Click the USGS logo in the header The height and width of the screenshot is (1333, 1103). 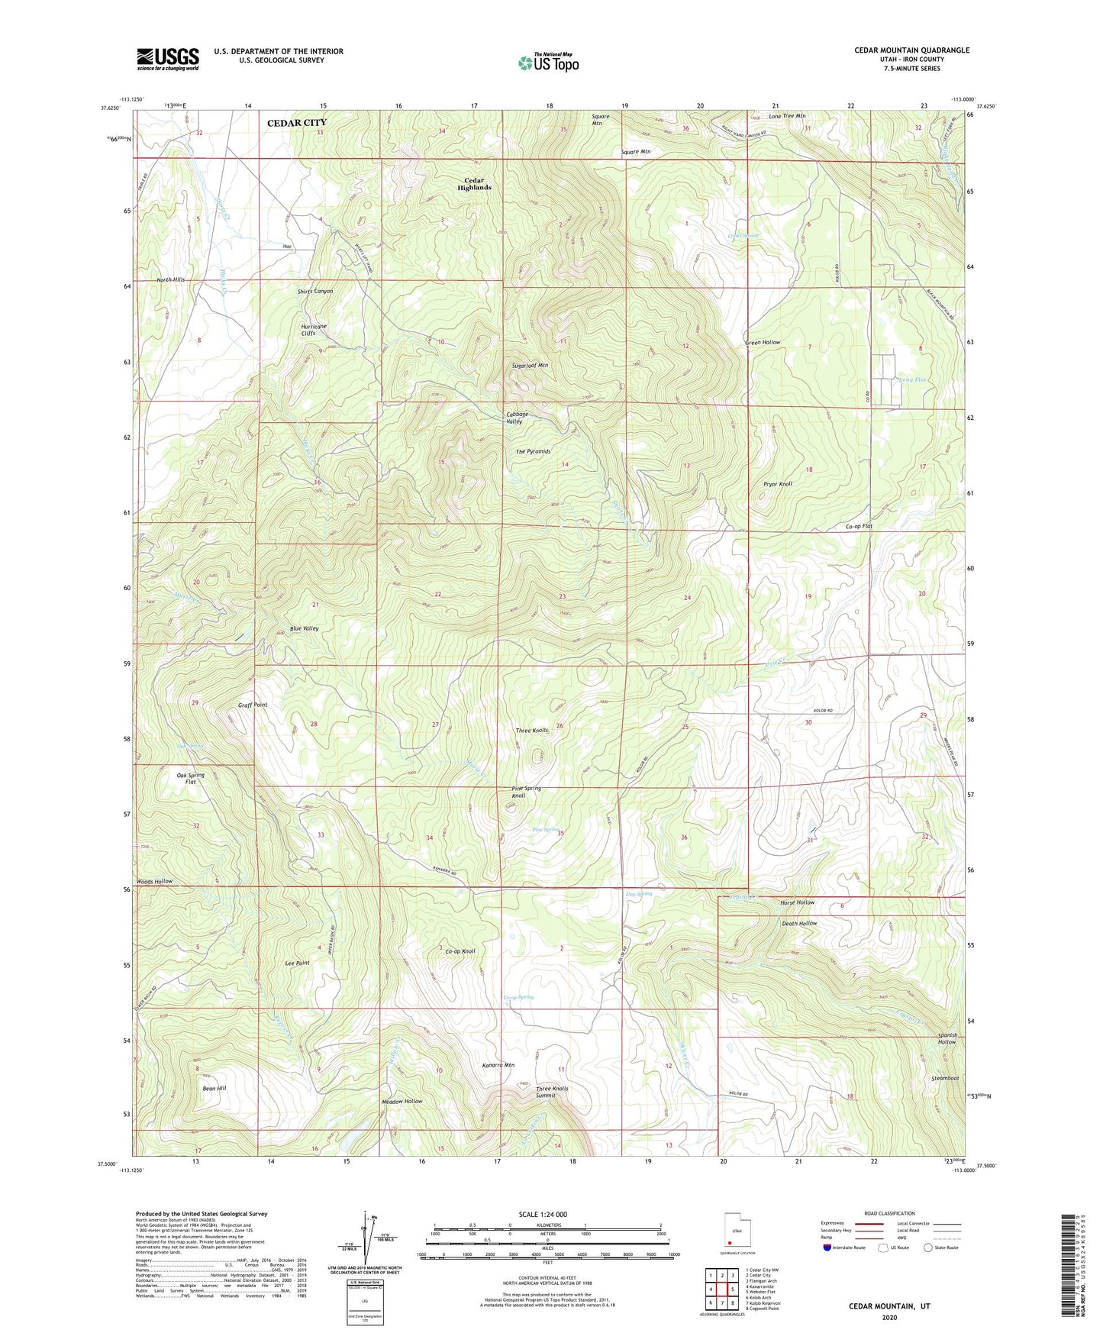coord(167,59)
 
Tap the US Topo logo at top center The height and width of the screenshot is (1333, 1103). coord(548,63)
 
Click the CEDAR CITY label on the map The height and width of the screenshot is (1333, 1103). coord(296,122)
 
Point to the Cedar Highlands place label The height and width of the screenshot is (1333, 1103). coord(474,184)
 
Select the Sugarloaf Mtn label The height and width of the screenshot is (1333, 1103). coord(530,366)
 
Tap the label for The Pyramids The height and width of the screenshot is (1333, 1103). coord(533,451)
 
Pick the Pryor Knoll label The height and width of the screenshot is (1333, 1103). coord(778,484)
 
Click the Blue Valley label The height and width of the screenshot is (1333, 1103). coord(304,628)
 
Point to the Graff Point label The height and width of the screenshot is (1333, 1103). coord(253,705)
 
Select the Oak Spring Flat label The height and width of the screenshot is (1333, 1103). coord(191,779)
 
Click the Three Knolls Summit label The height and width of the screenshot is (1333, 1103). coord(552,1092)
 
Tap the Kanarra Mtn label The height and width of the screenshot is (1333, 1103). coord(498,1065)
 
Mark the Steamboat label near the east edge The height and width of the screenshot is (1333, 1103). coord(944,1078)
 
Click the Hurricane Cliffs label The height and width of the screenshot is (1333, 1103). coord(314,330)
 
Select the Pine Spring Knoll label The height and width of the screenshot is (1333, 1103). coord(526,792)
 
